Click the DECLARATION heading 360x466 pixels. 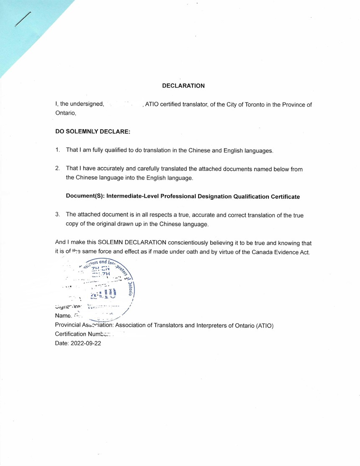coord(183,86)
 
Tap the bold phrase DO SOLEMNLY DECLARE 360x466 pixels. coord(93,131)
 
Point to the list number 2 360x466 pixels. coord(57,169)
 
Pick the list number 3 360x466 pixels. coord(57,215)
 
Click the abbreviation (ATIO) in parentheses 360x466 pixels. coord(264,326)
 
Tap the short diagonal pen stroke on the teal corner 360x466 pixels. coord(23,19)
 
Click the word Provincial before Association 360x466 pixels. coord(67,326)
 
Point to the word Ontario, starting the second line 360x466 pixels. coord(66,113)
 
